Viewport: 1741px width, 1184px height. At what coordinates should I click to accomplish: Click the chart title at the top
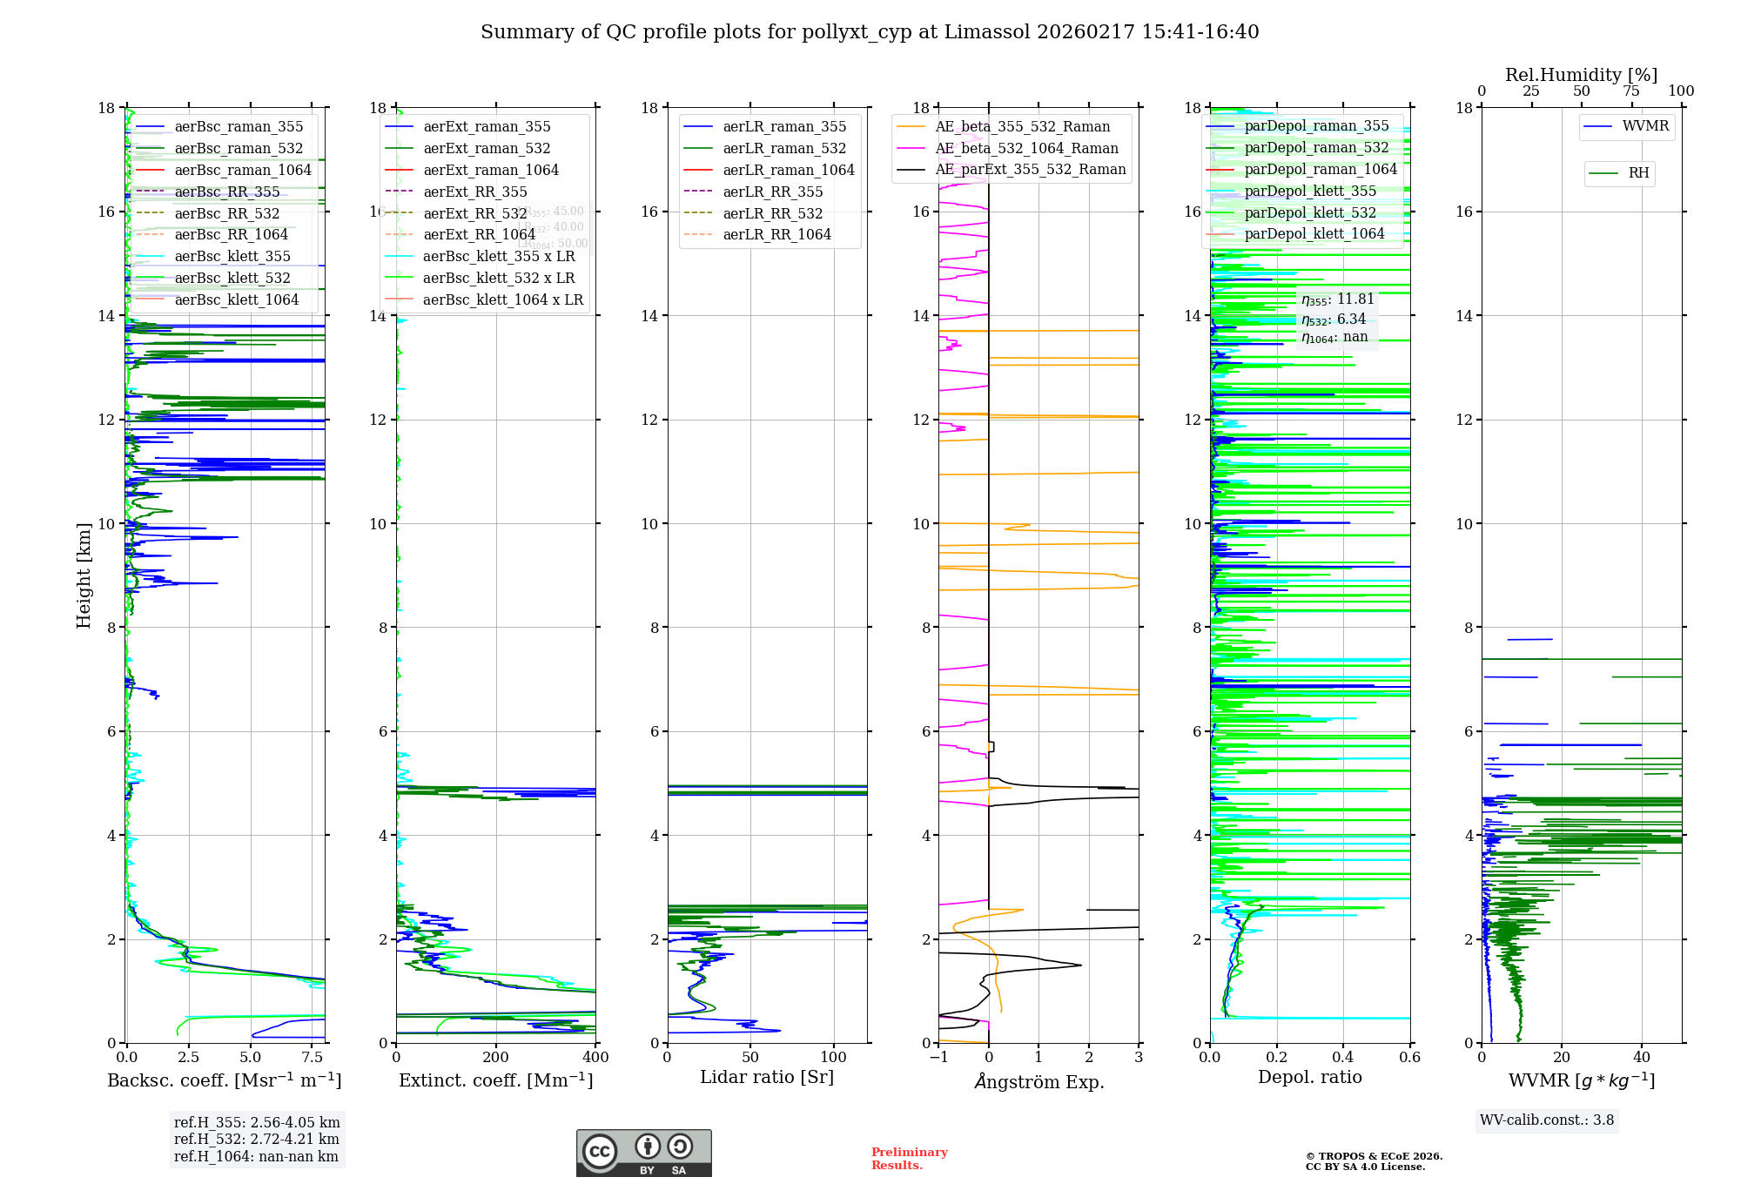coord(870,32)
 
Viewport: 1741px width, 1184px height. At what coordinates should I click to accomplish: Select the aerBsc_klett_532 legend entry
coord(232,279)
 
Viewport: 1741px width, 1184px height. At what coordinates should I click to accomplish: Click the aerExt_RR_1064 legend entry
coord(479,235)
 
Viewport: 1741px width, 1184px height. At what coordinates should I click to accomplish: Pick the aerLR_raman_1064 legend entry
coord(788,171)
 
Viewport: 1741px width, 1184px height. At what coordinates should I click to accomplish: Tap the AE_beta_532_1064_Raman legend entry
coord(1026,149)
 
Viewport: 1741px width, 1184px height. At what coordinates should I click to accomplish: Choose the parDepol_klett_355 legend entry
coord(1310,192)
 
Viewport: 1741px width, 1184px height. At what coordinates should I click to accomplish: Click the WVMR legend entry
coord(1645,126)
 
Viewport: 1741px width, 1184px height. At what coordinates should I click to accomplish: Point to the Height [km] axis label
coord(84,575)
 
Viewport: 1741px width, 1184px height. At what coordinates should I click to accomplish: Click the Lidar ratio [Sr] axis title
coord(767,1078)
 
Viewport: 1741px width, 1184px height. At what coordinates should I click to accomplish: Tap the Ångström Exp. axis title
coord(1039,1082)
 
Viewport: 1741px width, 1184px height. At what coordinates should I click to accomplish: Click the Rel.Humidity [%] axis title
coord(1581,75)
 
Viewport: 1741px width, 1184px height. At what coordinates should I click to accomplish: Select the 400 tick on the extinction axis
coord(595,1058)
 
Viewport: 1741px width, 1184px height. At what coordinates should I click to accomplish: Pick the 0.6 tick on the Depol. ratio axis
coord(1409,1058)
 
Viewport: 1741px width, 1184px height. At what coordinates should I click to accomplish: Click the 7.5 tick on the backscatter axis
coord(312,1058)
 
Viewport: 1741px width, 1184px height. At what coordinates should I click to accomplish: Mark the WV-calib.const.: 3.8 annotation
coord(1547,1120)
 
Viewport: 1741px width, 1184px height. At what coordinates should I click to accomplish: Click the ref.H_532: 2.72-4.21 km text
coord(256,1140)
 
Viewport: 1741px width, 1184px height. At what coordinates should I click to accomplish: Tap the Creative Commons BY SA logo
coord(643,1153)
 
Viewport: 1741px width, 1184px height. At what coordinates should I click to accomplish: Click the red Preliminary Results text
coord(909,1159)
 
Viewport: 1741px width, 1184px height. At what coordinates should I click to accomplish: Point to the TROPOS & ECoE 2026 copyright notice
coord(1374,1161)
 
